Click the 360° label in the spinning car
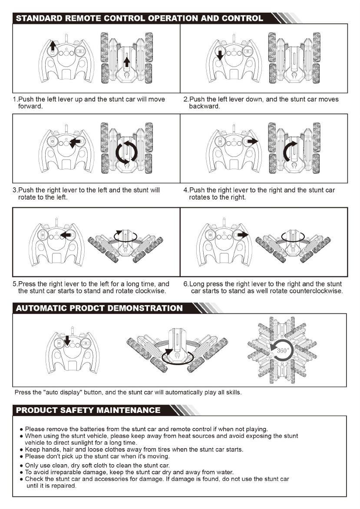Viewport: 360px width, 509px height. point(282,351)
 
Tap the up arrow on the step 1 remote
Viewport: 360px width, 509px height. point(53,45)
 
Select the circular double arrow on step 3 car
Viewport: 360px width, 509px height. point(126,152)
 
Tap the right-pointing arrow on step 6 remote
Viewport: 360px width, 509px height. point(243,234)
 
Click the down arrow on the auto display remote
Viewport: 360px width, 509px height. point(67,340)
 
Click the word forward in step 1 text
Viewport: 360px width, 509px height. point(30,106)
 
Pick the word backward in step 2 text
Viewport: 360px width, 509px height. point(205,106)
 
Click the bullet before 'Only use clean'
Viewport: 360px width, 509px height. point(21,466)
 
